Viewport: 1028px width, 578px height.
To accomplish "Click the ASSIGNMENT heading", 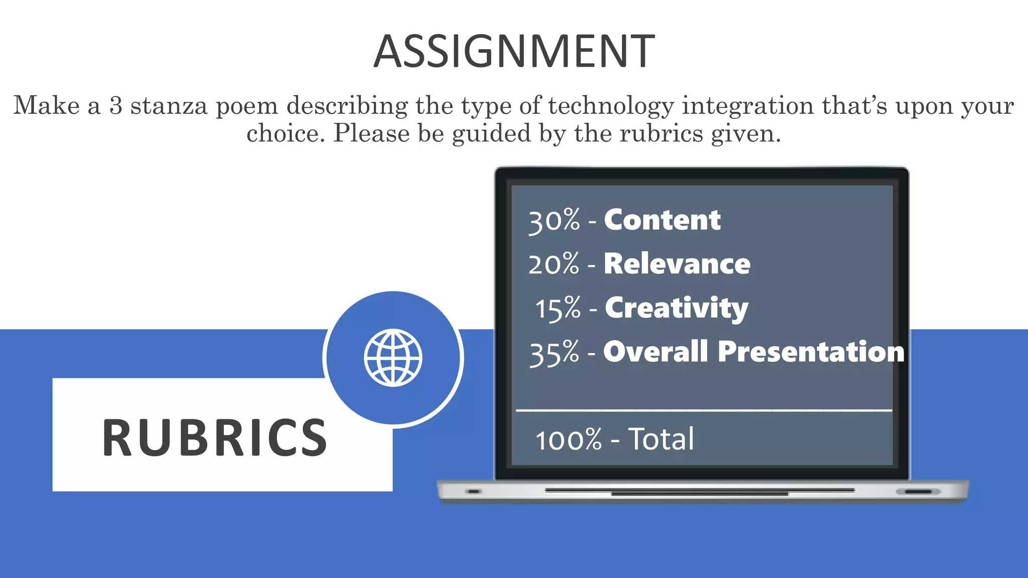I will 514,51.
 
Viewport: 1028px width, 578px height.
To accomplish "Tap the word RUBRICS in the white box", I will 215,438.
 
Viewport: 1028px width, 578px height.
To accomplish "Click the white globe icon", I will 393,358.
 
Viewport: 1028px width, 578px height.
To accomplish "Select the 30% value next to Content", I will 554,221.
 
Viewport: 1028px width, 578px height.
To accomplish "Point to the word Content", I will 662,220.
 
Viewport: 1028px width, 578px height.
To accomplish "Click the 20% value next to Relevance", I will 554,264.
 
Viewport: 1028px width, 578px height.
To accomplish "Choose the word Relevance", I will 677,264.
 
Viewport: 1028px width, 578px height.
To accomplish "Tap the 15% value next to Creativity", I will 558,308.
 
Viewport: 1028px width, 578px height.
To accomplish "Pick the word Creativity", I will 676,308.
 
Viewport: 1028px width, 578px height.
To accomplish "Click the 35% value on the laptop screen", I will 554,353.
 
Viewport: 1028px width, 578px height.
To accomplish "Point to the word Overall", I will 656,351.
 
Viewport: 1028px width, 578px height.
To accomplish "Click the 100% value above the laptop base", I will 568,440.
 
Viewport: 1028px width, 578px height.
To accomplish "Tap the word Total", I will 661,439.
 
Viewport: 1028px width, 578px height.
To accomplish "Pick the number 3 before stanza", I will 116,105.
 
